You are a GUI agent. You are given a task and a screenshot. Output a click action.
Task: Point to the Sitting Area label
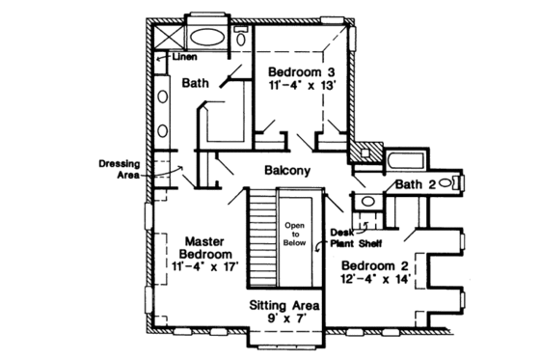[285, 304]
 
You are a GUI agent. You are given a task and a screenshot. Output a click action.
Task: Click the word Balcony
[286, 171]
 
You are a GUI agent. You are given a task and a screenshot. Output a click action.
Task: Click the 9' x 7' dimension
[285, 319]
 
